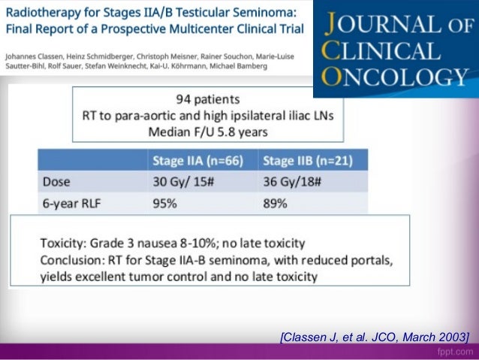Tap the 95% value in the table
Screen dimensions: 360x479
164,201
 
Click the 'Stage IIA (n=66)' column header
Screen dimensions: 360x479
197,160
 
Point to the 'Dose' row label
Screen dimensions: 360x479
59,181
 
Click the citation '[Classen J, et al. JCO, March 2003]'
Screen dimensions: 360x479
373,334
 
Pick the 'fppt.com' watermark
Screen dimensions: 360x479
453,351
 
